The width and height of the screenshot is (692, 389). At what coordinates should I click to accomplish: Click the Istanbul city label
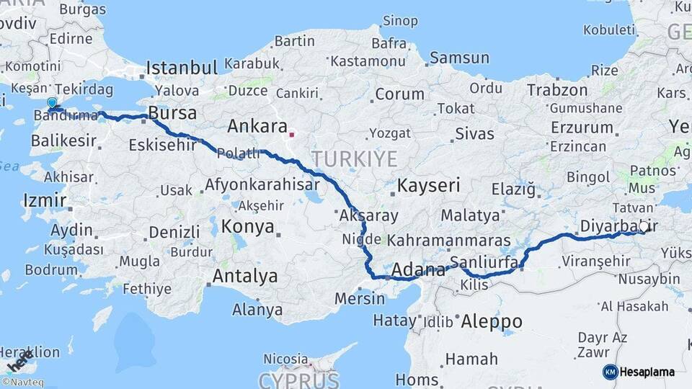point(182,68)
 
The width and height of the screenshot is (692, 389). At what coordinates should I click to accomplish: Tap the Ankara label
point(257,126)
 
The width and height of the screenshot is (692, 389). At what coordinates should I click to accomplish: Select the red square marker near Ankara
point(291,134)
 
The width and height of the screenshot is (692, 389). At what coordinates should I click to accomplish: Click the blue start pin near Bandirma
point(52,104)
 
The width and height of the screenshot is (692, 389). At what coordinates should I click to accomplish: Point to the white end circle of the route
point(644,225)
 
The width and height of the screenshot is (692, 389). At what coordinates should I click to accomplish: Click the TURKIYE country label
point(354,158)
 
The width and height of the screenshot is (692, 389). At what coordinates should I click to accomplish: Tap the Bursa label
point(172,113)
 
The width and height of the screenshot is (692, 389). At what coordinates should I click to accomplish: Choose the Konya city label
point(247,226)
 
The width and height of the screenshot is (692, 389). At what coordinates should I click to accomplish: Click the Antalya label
point(245,276)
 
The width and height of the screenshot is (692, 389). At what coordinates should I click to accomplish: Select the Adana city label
point(418,270)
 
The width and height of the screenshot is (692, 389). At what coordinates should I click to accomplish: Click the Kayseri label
point(428,185)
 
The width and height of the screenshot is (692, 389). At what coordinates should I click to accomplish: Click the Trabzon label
point(557,90)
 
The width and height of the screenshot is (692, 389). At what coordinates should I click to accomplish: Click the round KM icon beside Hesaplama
point(610,372)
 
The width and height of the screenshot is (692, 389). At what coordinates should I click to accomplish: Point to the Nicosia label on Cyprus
point(285,358)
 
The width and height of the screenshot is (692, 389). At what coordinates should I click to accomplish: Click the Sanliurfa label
point(483,261)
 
